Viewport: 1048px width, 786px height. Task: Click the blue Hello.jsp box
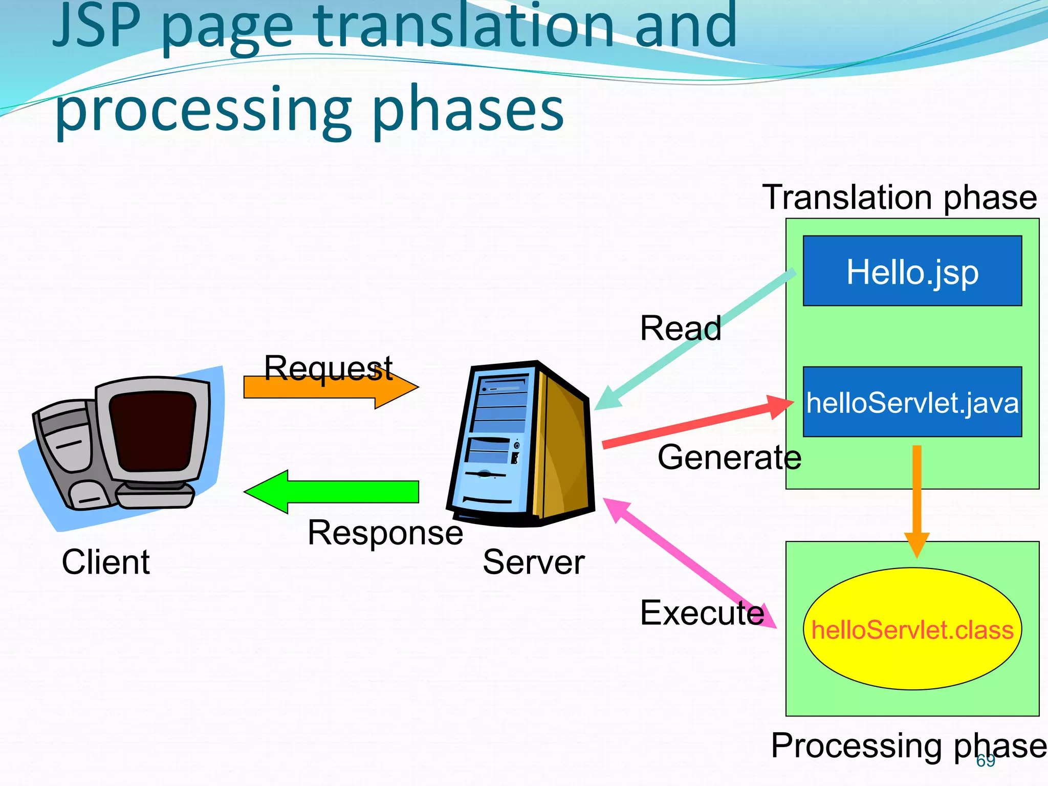point(912,271)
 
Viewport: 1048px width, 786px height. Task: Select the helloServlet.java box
point(912,402)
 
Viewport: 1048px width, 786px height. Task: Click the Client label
point(105,562)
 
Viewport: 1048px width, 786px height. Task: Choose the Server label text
point(533,562)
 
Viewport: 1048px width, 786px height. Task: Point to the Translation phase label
point(899,198)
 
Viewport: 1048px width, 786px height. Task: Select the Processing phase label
point(908,746)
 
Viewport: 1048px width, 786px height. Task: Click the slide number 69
point(986,761)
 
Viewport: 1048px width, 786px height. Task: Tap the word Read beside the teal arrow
point(680,328)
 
